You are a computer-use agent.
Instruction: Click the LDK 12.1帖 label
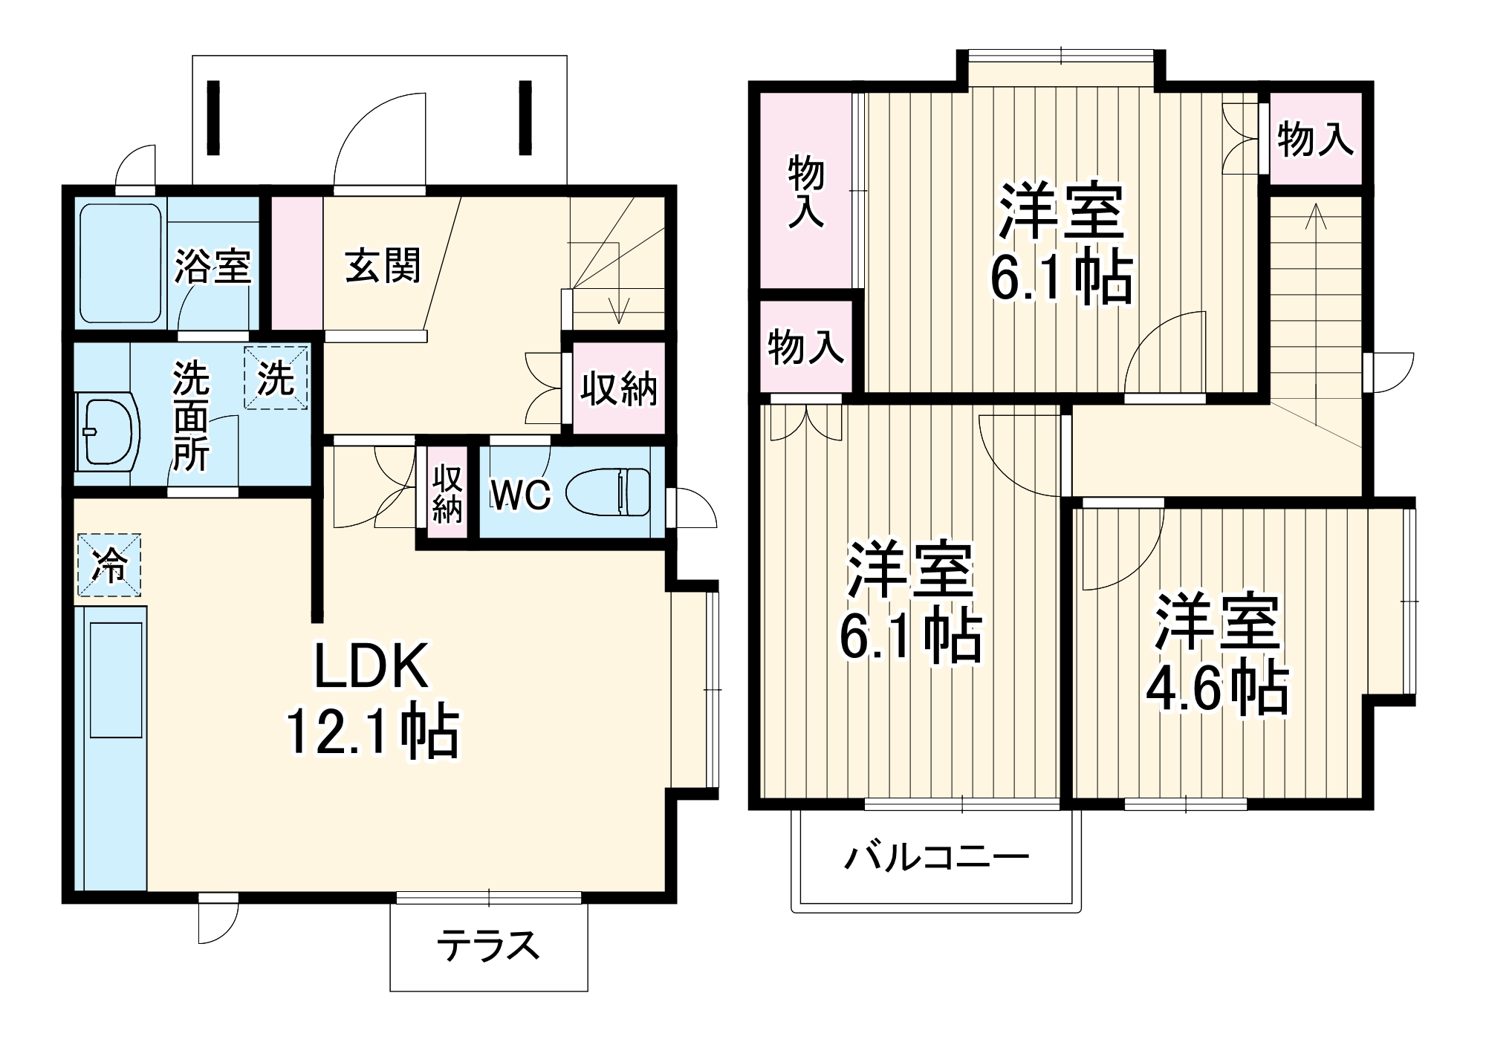(x=371, y=698)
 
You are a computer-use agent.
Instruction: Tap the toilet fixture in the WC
(x=608, y=492)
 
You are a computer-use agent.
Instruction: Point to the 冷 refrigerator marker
(x=109, y=565)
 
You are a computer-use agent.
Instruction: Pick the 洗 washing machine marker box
(x=276, y=378)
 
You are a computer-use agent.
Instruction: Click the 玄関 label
(x=383, y=265)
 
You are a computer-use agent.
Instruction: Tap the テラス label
(x=488, y=946)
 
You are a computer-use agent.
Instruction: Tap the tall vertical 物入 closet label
(x=806, y=191)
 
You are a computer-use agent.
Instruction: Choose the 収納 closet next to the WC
(x=447, y=493)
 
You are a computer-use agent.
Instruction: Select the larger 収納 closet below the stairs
(x=618, y=388)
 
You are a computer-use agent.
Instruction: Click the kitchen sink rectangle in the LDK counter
(x=116, y=680)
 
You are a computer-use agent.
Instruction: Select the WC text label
(x=520, y=495)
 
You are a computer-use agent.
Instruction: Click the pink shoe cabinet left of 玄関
(x=296, y=263)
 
